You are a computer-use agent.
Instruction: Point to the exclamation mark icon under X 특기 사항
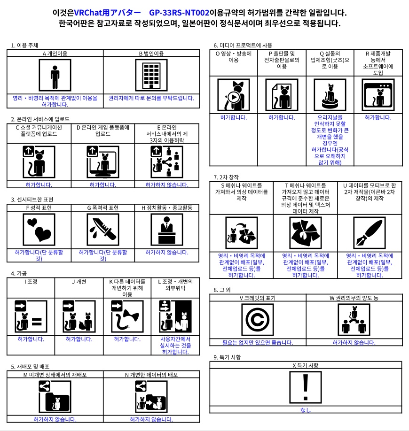coord(306,388)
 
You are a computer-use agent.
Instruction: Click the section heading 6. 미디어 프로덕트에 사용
coord(243,46)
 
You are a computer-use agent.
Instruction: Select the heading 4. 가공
coord(19,273)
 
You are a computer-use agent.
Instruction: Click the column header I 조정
coord(31,281)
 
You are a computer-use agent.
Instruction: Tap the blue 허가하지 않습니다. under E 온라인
coord(166,185)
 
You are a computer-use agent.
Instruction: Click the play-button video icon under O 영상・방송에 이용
coord(234,94)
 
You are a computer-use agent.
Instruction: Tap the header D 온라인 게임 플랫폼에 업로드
coord(103,130)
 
